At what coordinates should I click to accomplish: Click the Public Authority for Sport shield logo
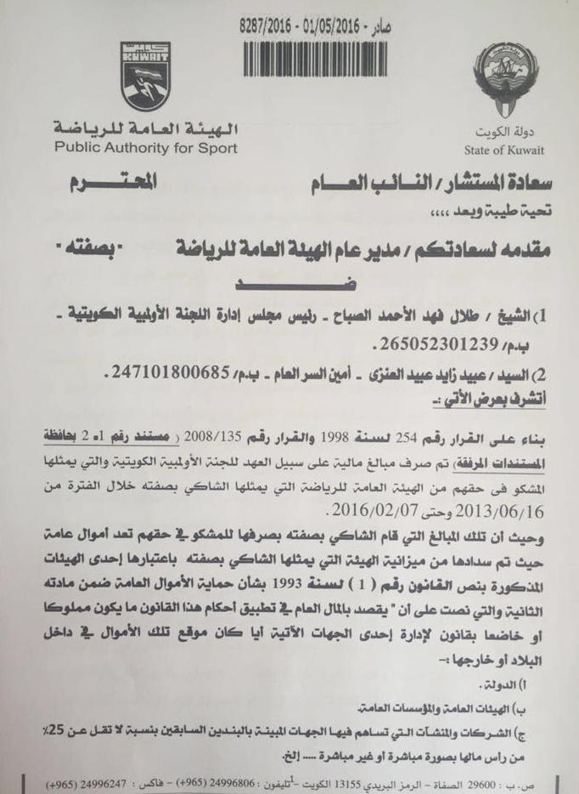click(145, 77)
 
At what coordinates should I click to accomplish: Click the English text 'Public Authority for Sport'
click(147, 149)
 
